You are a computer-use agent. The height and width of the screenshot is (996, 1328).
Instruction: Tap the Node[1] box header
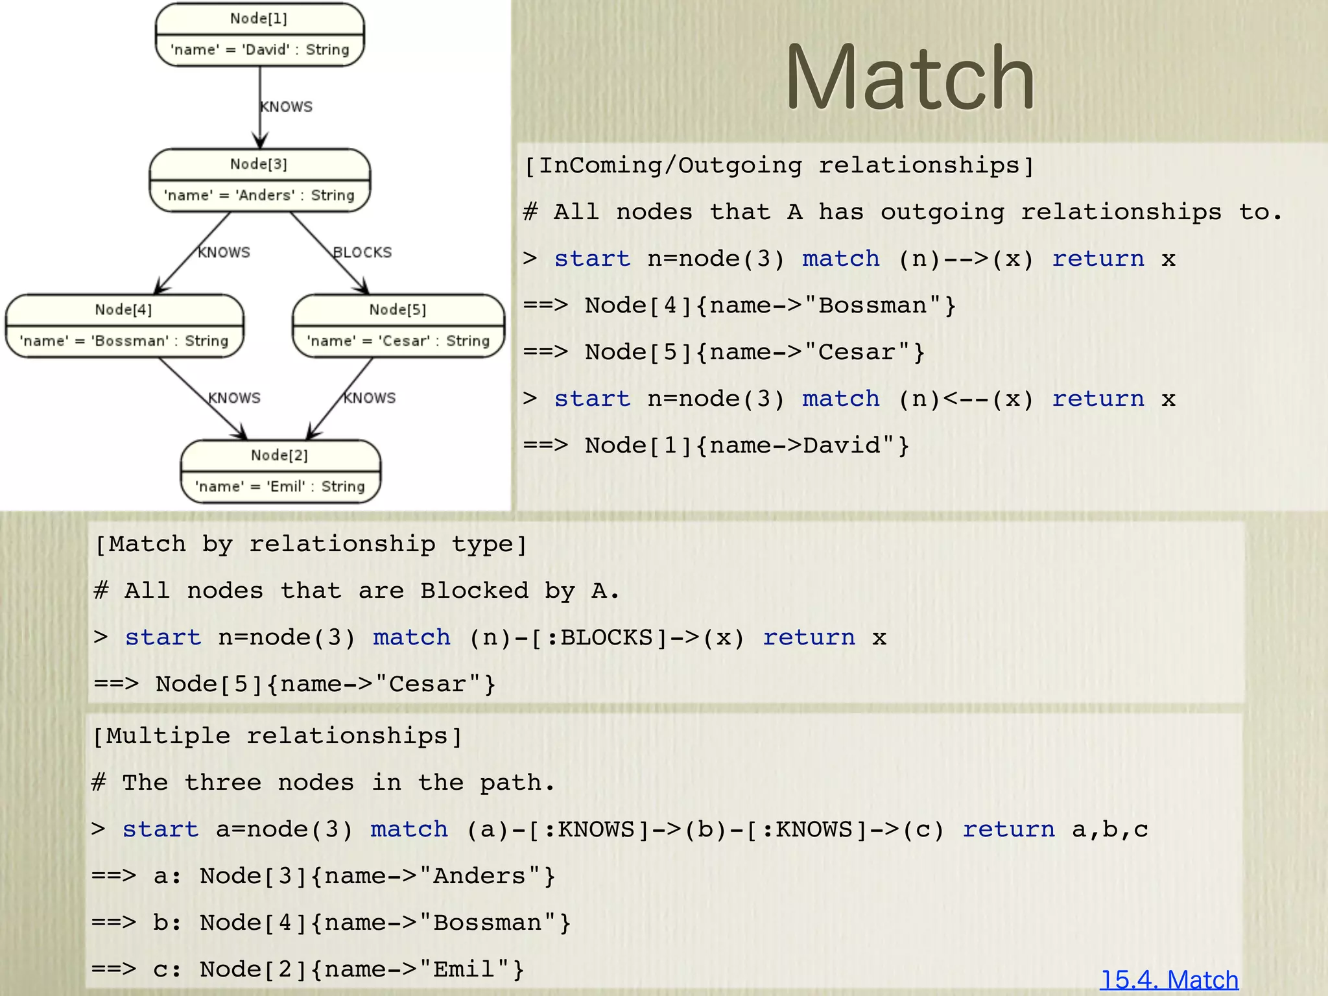pyautogui.click(x=259, y=18)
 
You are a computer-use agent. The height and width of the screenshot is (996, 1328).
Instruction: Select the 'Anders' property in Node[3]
pyautogui.click(x=259, y=195)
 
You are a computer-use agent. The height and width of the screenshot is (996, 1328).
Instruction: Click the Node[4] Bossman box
pyautogui.click(x=124, y=326)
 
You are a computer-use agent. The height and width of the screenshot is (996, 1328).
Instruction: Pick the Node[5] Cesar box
pyautogui.click(x=397, y=326)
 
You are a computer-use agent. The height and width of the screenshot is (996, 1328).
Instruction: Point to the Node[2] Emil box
pyautogui.click(x=280, y=471)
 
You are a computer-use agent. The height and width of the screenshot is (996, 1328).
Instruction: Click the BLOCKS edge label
pyautogui.click(x=362, y=252)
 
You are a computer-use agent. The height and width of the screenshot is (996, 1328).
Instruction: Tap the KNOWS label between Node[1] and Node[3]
pyautogui.click(x=287, y=107)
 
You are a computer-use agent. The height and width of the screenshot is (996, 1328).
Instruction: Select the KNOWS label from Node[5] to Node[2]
pyautogui.click(x=370, y=397)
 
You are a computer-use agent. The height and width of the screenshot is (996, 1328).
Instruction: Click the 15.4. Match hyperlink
pyautogui.click(x=1168, y=979)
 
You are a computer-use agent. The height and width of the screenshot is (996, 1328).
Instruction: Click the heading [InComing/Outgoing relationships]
pyautogui.click(x=778, y=166)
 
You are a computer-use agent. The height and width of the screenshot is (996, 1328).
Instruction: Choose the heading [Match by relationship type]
pyautogui.click(x=311, y=544)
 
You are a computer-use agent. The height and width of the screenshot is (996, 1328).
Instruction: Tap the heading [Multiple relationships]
pyautogui.click(x=278, y=737)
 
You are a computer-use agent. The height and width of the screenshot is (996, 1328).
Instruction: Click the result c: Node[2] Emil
pyautogui.click(x=337, y=969)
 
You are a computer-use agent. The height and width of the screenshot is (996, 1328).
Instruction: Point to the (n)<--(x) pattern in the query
pyautogui.click(x=966, y=399)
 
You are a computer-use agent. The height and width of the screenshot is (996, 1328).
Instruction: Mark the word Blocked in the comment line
pyautogui.click(x=475, y=591)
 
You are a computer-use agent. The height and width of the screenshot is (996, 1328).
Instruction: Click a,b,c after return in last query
pyautogui.click(x=1109, y=829)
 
